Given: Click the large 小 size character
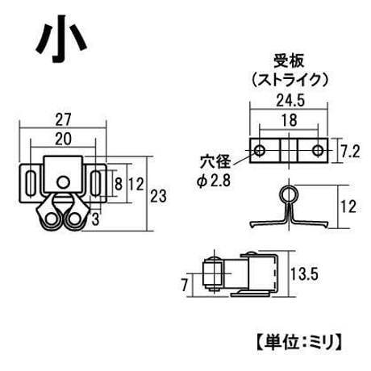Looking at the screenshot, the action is (x=61, y=38).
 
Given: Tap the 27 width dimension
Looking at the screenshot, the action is (x=63, y=119).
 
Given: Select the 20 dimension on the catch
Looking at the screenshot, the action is (x=63, y=139).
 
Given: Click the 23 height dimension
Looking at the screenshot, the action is (x=158, y=196).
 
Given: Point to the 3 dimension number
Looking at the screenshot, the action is (x=95, y=219).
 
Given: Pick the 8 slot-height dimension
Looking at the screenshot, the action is (x=119, y=184).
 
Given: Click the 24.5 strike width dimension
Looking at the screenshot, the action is (x=290, y=101).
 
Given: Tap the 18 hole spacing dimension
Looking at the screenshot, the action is (x=290, y=120).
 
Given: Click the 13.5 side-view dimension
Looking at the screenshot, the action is (x=304, y=274).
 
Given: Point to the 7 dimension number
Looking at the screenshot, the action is (x=184, y=285).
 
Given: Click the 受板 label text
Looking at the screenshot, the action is (x=289, y=60).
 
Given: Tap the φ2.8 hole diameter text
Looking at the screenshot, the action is (x=214, y=181).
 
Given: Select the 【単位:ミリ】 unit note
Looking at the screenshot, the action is (x=299, y=342).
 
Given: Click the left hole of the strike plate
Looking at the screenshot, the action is (x=260, y=151).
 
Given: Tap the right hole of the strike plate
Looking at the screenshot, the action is (x=318, y=151).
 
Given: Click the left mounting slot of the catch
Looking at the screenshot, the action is (x=31, y=183).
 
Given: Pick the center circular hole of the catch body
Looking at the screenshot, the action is (x=64, y=182).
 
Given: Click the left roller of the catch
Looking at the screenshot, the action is (x=51, y=219).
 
